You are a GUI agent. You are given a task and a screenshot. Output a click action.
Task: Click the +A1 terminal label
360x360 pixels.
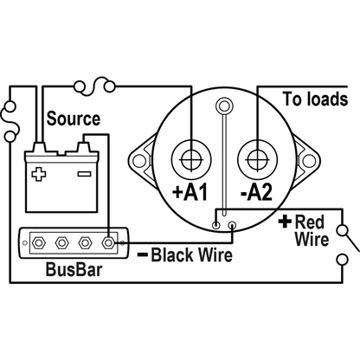click(x=190, y=192)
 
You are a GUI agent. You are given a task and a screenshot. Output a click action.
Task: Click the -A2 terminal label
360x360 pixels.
click(x=256, y=192)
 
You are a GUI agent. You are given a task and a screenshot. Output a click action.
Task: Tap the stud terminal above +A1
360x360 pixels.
click(x=191, y=159)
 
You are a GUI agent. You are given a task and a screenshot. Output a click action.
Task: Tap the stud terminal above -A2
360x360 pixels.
click(x=258, y=159)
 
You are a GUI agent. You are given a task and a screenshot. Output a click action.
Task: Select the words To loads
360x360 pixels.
click(x=315, y=100)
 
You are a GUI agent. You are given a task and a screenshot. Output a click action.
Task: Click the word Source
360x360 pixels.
click(x=74, y=119)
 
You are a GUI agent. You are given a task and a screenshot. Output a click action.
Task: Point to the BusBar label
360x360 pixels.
click(x=74, y=269)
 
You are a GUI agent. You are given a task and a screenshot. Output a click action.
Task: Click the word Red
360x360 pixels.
click(x=310, y=222)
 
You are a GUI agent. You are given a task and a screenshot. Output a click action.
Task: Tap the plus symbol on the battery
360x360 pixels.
click(x=39, y=174)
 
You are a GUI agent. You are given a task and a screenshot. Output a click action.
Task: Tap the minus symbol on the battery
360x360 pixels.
click(x=85, y=174)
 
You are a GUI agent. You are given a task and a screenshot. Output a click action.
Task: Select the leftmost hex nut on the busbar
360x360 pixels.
click(x=38, y=243)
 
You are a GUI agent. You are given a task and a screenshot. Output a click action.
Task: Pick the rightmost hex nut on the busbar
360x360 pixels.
click(x=108, y=243)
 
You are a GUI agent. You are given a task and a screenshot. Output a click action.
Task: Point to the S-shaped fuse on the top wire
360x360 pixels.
click(x=94, y=86)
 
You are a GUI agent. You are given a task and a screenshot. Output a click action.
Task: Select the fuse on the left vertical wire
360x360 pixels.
click(x=10, y=121)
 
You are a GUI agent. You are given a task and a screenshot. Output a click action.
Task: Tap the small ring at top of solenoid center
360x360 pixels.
click(x=224, y=106)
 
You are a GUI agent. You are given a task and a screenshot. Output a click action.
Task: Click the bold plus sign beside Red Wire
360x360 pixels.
click(x=285, y=222)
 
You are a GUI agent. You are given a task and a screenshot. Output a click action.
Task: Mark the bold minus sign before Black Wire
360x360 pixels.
click(x=143, y=254)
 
